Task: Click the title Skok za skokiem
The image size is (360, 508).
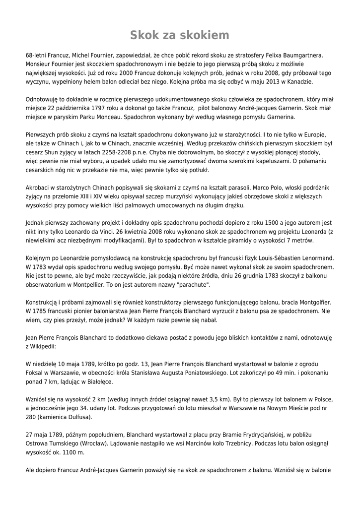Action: [180, 35]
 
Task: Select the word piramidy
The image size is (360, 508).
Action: [250, 241]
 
